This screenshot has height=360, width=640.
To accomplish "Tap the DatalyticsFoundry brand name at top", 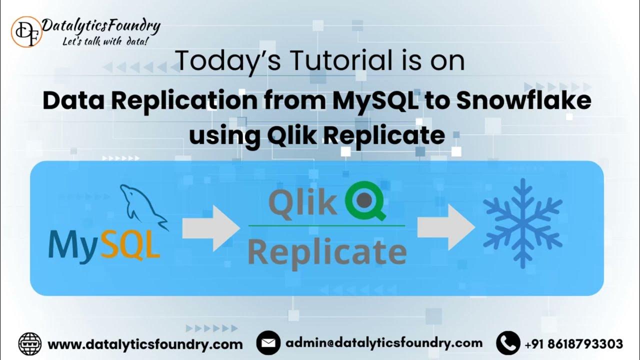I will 101,25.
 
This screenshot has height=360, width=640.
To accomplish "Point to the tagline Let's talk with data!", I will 105,41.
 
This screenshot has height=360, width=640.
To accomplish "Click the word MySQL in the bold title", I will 373,101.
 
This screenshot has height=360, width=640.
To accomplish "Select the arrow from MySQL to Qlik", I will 210,228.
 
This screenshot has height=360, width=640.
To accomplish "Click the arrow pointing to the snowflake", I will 445,227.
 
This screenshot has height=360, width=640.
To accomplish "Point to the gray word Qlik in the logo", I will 303,202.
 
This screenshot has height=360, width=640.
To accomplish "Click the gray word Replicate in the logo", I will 326,252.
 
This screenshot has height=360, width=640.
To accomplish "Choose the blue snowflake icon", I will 522,222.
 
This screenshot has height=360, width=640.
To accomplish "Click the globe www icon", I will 30,344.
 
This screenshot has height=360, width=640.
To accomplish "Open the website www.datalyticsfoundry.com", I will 145,344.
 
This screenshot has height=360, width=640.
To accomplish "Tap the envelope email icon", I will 268,343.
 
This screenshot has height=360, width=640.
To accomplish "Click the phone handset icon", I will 508,343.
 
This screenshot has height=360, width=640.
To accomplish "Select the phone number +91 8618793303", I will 574,344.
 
